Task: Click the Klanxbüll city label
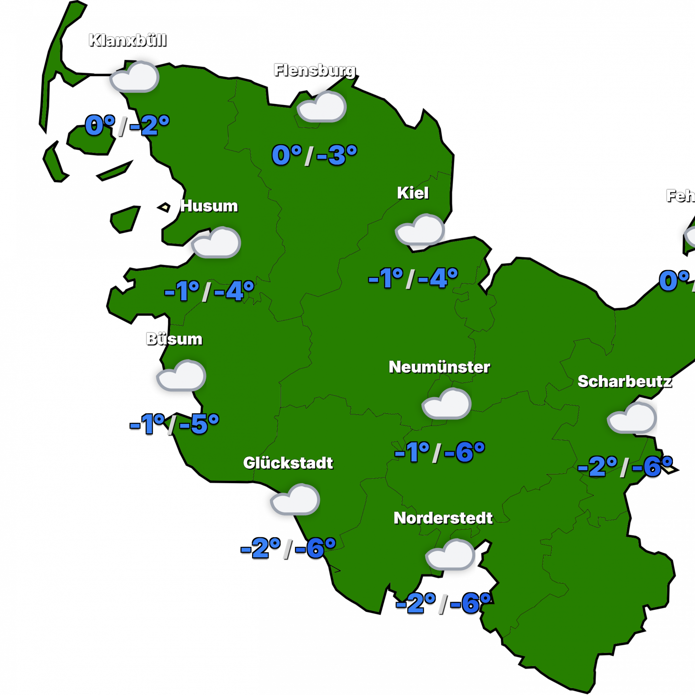pos(127,40)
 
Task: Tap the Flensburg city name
pos(314,70)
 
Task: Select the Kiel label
pos(413,193)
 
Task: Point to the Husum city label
pos(209,206)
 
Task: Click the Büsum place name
pos(174,339)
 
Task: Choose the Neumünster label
pos(439,367)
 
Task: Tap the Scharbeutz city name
pos(624,381)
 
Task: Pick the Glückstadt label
pos(288,463)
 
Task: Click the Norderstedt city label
pos(443,518)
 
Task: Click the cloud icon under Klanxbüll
pos(134,77)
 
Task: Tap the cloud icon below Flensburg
pos(322,107)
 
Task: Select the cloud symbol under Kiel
pos(420,230)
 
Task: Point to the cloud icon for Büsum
pos(181,376)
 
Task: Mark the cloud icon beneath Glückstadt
pos(295,500)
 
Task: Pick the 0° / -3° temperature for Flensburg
pos(315,156)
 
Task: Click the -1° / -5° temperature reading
pos(174,424)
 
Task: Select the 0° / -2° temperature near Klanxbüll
pos(127,126)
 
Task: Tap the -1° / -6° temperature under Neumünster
pos(439,452)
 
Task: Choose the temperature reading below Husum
pos(209,290)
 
